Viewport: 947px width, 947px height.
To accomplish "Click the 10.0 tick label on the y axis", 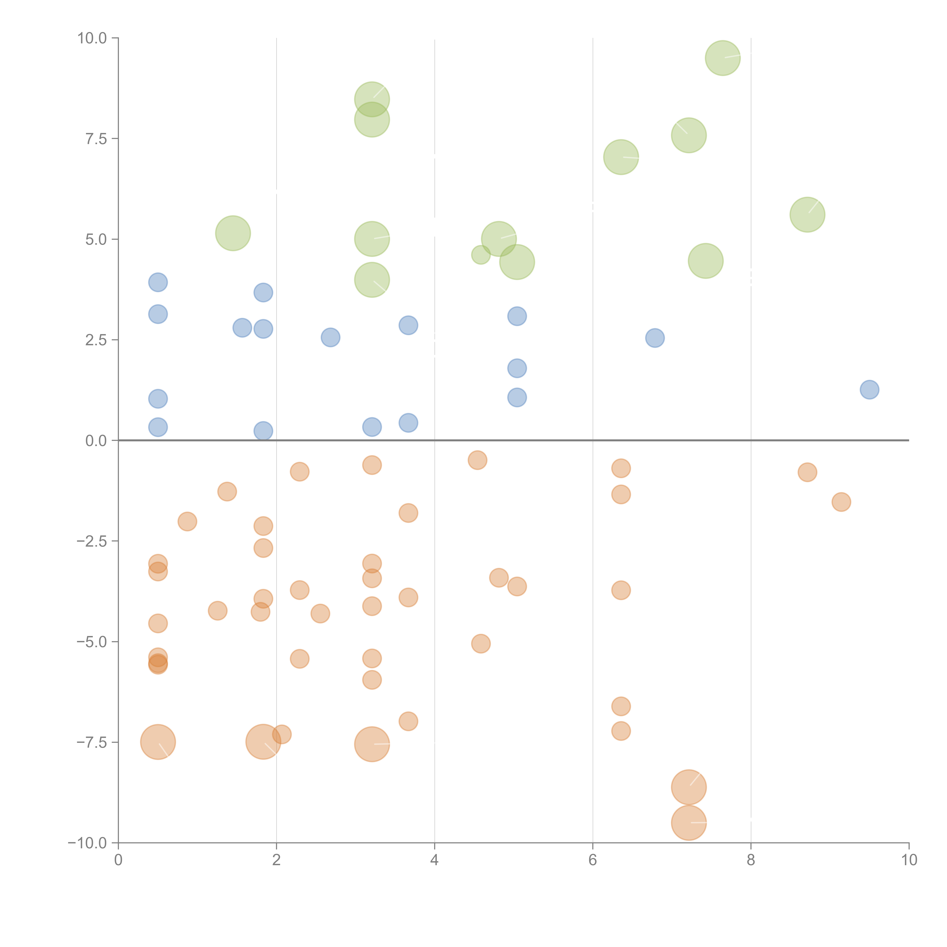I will pyautogui.click(x=92, y=38).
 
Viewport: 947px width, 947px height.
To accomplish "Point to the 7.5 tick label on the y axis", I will pyautogui.click(x=96, y=139).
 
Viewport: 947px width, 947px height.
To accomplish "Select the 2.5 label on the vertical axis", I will pyautogui.click(x=96, y=340).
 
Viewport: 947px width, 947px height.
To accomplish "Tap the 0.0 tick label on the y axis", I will pyautogui.click(x=96, y=441).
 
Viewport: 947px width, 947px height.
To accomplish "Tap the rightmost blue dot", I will pyautogui.click(x=869, y=390).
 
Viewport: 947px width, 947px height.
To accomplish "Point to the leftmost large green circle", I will pyautogui.click(x=233, y=233).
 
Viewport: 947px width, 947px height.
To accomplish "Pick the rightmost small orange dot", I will pyautogui.click(x=841, y=502).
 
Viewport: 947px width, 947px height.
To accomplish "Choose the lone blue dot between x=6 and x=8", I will pyautogui.click(x=655, y=338).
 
